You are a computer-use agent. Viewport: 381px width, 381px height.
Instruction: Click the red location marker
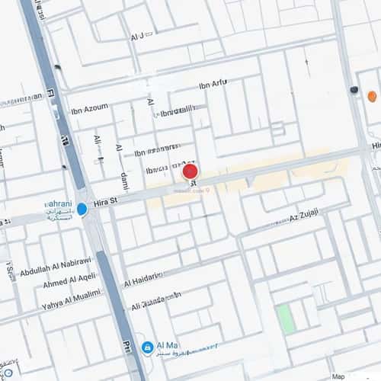click(x=190, y=172)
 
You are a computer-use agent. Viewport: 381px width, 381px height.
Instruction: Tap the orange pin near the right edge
click(x=372, y=97)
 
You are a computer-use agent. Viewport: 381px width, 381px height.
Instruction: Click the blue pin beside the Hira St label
click(x=82, y=209)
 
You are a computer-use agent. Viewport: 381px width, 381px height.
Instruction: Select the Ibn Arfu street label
click(x=213, y=84)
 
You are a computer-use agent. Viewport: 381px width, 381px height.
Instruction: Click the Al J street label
click(x=137, y=37)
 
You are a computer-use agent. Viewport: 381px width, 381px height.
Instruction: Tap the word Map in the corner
click(x=338, y=376)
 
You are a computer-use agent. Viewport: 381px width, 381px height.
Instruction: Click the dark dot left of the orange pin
click(x=354, y=90)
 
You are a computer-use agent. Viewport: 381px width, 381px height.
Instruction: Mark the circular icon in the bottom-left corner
click(x=6, y=373)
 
